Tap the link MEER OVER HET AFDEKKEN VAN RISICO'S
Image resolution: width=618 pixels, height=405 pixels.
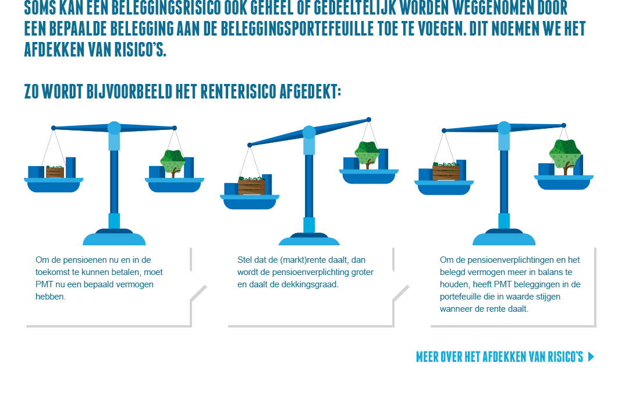(x=499, y=357)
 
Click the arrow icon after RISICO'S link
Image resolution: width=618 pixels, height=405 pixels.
(x=591, y=357)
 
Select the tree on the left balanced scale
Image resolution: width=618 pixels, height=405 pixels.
(x=173, y=162)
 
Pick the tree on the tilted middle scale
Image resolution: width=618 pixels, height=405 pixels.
(x=367, y=154)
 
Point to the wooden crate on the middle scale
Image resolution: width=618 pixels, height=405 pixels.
(x=252, y=185)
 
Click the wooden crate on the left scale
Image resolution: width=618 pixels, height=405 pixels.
(x=55, y=172)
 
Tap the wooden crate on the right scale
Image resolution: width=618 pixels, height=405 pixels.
(x=446, y=172)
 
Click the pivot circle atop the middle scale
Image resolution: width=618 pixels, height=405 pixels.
(x=309, y=133)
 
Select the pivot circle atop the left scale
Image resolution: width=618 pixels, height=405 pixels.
(x=114, y=128)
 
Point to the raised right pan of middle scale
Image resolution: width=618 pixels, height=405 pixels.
(x=369, y=176)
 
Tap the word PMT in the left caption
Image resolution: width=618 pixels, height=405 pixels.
(x=43, y=284)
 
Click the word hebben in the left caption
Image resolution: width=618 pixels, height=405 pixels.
(x=51, y=297)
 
